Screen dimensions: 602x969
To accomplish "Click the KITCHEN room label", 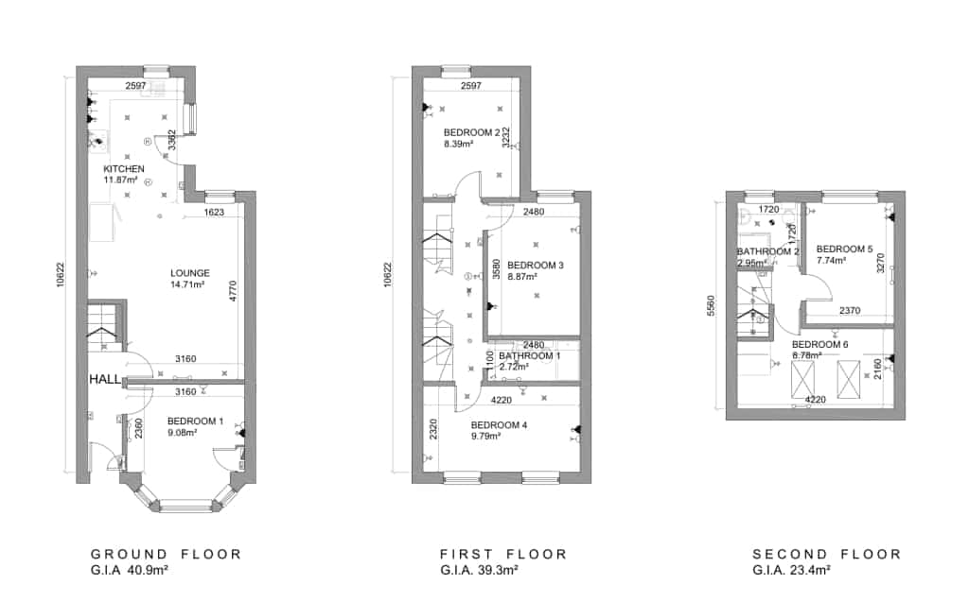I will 124,169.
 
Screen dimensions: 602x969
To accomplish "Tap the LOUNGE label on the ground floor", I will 189,273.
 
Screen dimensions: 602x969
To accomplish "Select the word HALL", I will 105,378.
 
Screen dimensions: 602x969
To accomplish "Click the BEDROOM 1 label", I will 195,421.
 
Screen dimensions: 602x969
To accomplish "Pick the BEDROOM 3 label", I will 535,266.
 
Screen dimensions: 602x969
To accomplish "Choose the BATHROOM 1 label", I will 530,355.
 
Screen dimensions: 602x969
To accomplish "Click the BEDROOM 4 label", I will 499,425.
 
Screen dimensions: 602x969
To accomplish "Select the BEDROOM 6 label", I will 819,345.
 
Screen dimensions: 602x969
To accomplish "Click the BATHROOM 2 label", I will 768,251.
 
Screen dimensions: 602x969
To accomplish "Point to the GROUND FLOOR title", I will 166,554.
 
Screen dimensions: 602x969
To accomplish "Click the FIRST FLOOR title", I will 503,554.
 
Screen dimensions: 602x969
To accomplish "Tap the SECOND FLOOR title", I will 827,554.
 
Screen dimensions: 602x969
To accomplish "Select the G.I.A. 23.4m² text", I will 791,570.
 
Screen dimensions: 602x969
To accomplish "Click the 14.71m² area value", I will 189,284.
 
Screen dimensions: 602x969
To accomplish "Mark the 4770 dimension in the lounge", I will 232,290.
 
